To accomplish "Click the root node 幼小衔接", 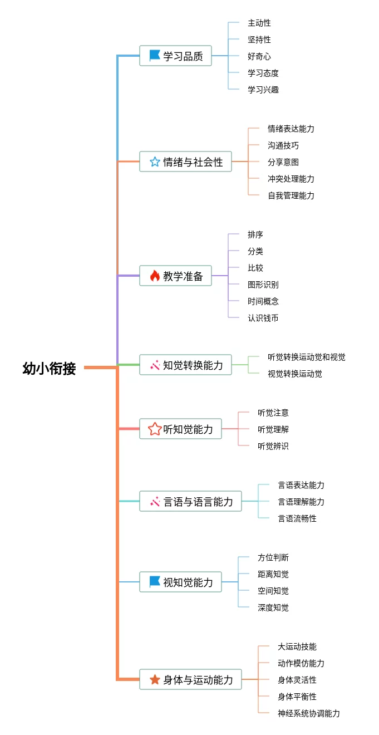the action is [49, 368].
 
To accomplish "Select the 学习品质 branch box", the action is [175, 56].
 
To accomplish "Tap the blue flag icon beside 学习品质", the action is [154, 56].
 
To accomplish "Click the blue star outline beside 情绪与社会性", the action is [155, 161].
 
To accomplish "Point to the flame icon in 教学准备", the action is [155, 276].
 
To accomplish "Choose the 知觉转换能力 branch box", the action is [185, 365].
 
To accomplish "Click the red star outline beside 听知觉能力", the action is [155, 429].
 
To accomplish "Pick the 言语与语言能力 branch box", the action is [190, 501].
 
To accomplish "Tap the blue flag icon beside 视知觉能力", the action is [154, 581].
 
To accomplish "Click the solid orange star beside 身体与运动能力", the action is [155, 679].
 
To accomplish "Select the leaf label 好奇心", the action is [259, 56].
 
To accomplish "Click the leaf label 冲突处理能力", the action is [291, 179].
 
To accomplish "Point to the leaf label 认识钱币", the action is [263, 318].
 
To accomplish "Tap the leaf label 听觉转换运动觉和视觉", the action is [307, 357].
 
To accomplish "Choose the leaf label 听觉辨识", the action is [273, 446].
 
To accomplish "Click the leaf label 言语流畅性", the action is [297, 518].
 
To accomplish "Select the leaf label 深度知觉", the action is [273, 607].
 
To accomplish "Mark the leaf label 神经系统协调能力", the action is [309, 713].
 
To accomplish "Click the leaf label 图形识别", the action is [263, 285].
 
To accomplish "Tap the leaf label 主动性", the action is [259, 23].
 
